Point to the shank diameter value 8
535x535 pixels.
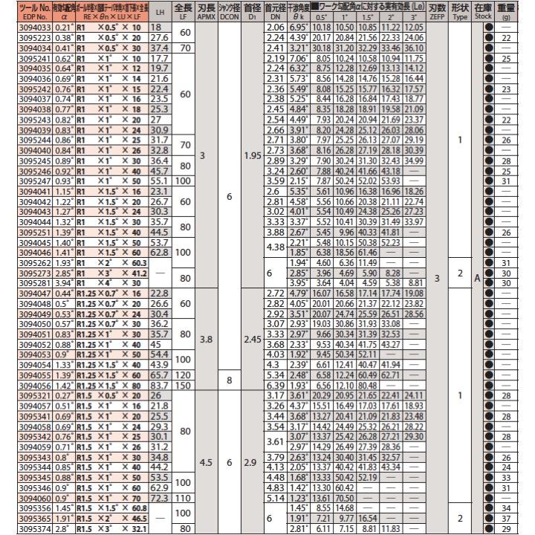coord(230,381)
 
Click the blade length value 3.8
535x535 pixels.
coord(207,339)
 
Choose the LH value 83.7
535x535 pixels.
coord(160,386)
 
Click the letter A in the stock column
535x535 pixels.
coord(479,278)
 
